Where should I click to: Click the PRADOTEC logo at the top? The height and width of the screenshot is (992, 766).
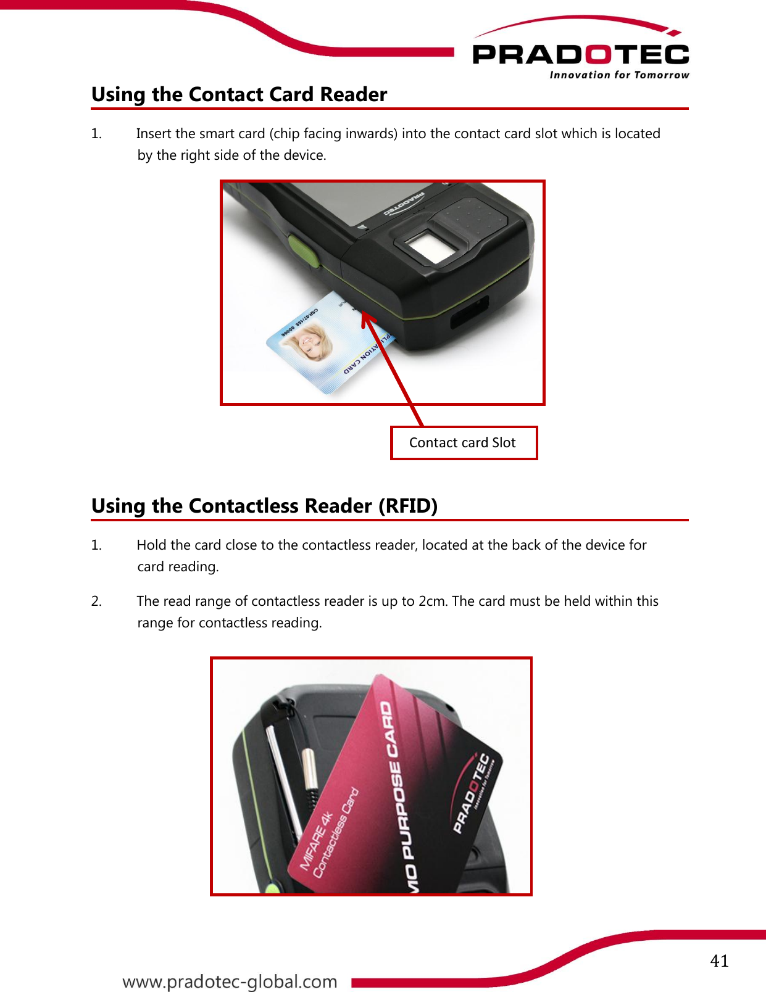click(580, 54)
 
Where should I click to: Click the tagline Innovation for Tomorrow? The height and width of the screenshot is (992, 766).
click(619, 75)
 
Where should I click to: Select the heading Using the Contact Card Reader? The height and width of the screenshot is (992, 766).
click(239, 94)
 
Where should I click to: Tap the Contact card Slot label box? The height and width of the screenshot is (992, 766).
click(464, 443)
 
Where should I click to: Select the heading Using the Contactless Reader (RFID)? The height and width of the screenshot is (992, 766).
click(264, 506)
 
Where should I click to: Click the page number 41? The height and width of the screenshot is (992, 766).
click(719, 961)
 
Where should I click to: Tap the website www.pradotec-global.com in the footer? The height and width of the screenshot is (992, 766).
click(230, 982)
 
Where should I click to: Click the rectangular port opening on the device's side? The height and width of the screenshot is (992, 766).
click(469, 312)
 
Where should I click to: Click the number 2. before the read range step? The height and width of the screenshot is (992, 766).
click(96, 601)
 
